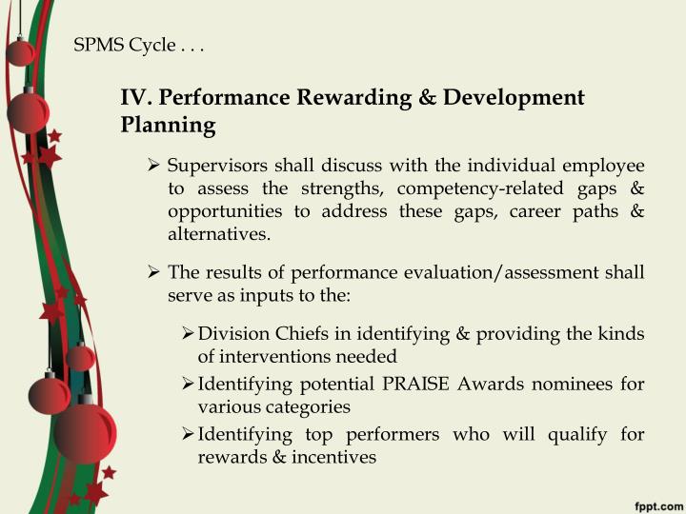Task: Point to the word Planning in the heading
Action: click(168, 125)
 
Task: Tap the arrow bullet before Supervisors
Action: click(155, 166)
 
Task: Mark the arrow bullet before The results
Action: click(155, 273)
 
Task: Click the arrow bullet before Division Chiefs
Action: click(188, 334)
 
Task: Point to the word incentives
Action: click(332, 457)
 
